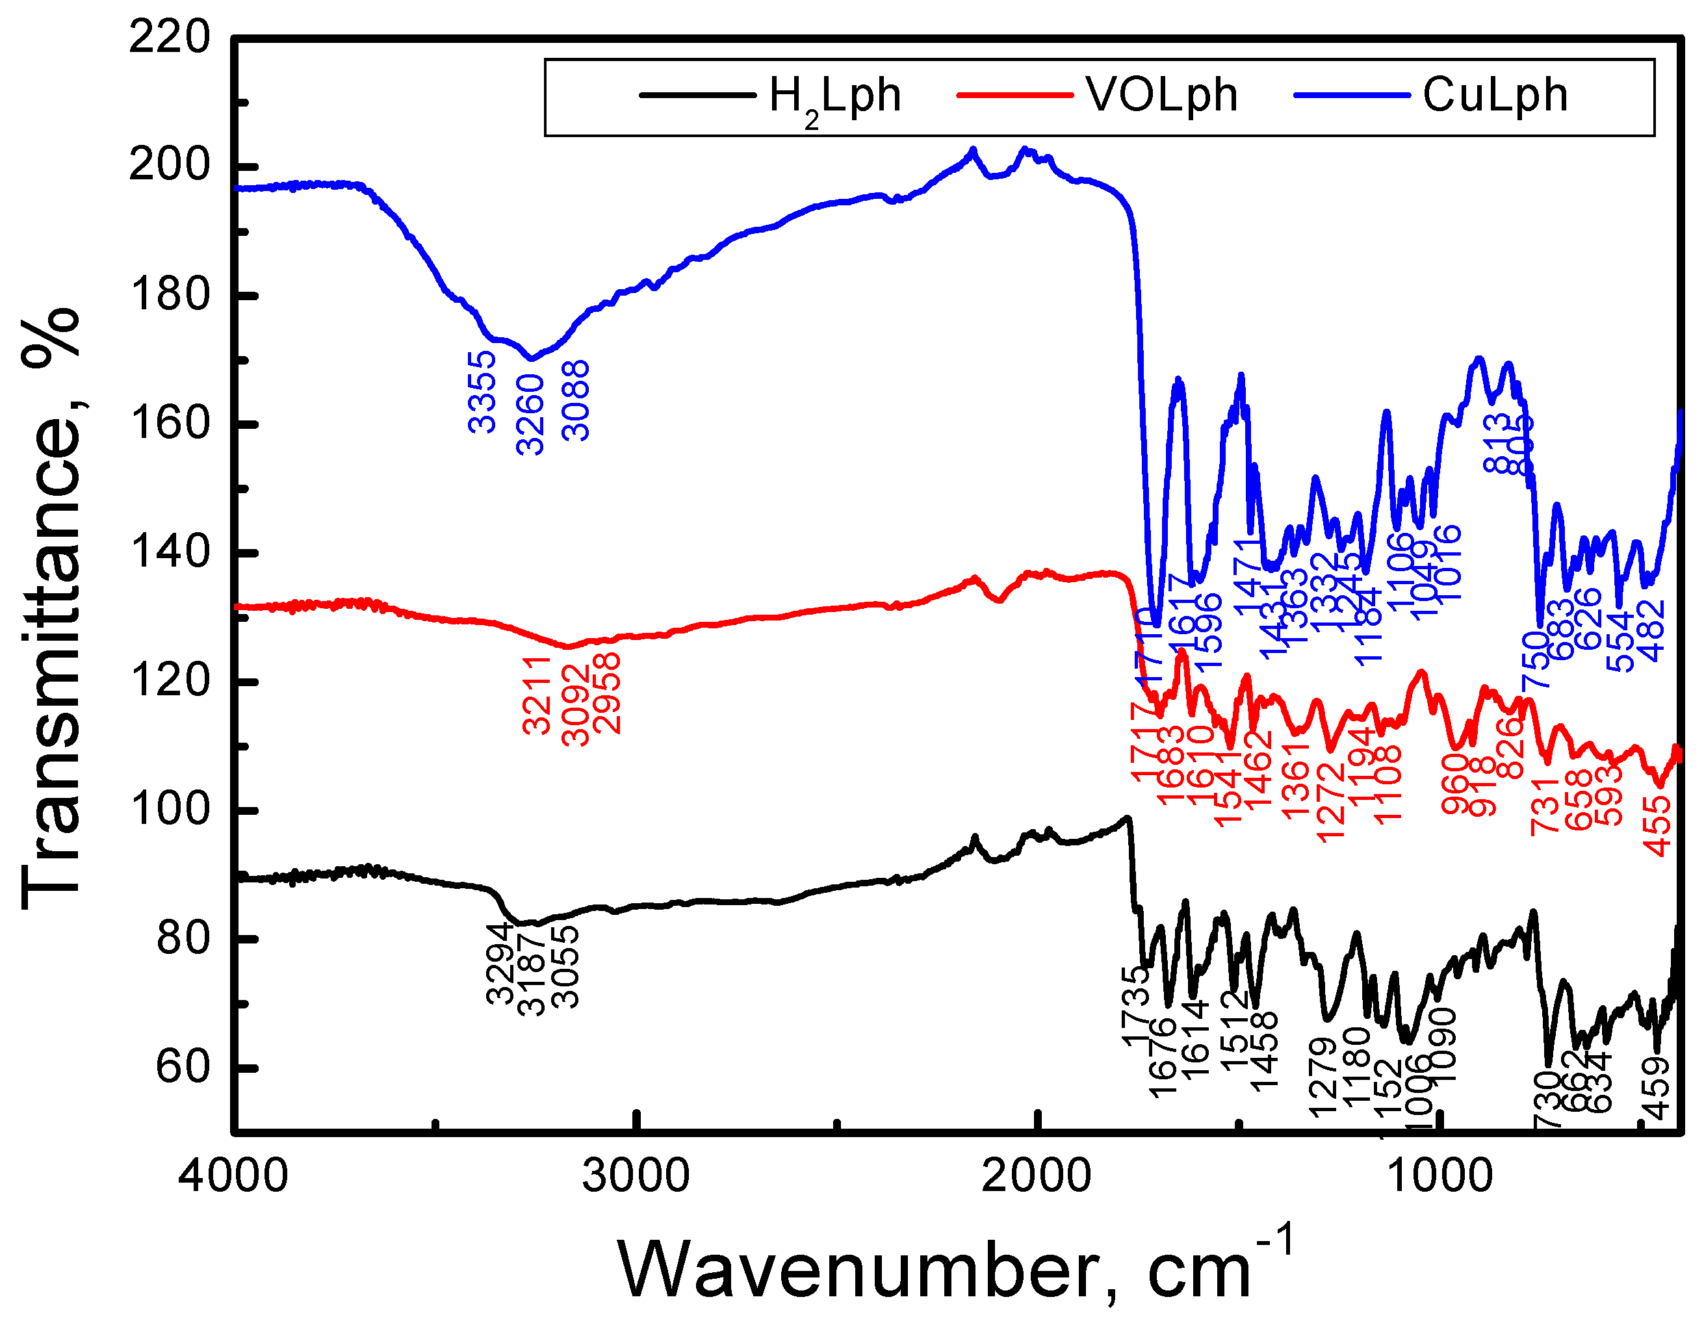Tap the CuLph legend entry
[1493, 96]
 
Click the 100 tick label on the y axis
[170, 809]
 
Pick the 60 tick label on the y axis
[183, 1067]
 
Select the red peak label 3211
[537, 695]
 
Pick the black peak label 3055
[565, 968]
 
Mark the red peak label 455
[1658, 827]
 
